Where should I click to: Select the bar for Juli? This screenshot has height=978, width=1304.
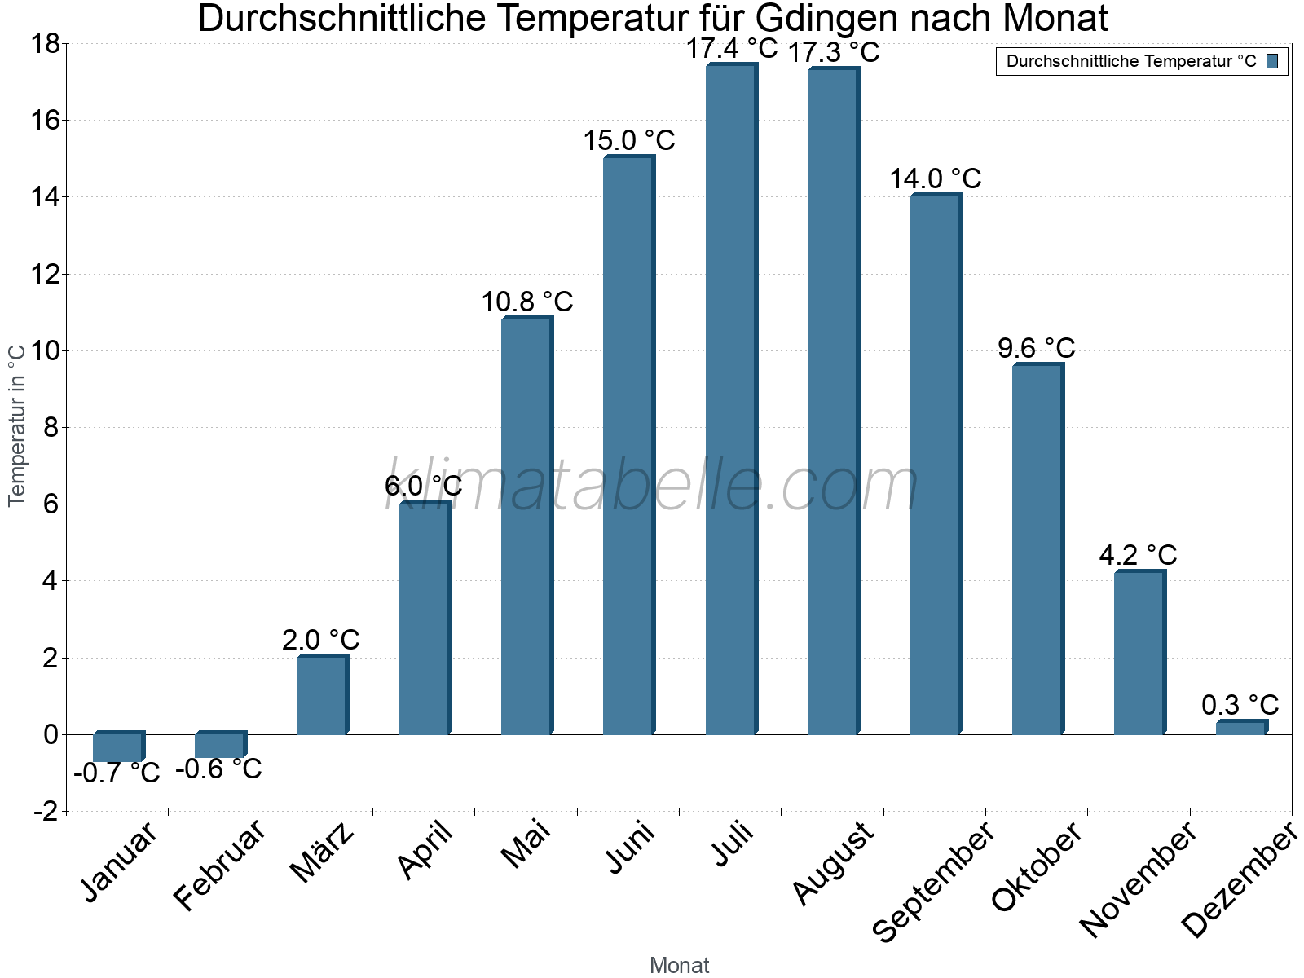(731, 399)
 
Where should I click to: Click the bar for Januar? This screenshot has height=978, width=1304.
(118, 747)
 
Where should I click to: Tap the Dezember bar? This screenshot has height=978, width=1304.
(1241, 727)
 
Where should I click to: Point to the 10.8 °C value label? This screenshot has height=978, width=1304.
(526, 302)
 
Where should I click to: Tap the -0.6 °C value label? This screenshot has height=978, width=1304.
(218, 769)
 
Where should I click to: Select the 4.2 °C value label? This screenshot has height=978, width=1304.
(1138, 556)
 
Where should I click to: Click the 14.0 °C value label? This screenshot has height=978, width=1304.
(935, 178)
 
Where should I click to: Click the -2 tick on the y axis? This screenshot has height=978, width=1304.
(45, 812)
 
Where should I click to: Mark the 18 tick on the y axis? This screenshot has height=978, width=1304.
(45, 44)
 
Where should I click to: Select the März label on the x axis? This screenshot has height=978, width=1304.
(323, 852)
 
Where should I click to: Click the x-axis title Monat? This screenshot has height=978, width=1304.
(679, 966)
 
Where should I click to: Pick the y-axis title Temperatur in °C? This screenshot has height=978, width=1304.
(17, 425)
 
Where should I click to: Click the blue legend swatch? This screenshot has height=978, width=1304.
(1272, 61)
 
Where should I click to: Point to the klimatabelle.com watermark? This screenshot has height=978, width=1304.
(652, 485)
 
